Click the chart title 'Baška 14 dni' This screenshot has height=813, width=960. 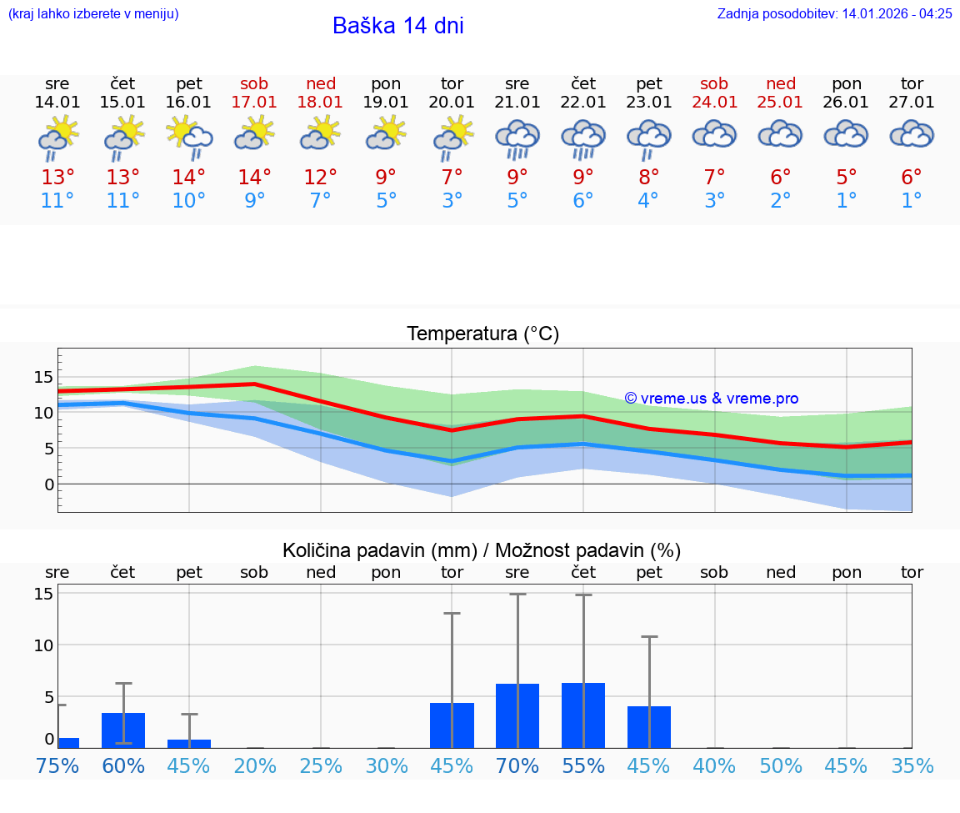point(397,26)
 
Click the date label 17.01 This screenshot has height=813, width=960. point(255,103)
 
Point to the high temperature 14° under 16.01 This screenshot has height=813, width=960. point(189,178)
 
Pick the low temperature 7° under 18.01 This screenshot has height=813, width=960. point(321,201)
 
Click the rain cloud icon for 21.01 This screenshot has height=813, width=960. point(517,138)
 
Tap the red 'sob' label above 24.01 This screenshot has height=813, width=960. point(714,83)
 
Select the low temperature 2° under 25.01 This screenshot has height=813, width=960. point(780,201)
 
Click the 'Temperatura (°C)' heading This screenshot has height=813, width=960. point(482,334)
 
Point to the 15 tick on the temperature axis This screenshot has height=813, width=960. point(43,377)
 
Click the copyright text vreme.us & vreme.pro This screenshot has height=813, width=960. point(711,399)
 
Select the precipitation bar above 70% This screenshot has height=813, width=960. point(517,715)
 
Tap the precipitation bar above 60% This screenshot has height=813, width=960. point(123,730)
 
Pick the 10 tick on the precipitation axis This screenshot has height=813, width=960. point(43,645)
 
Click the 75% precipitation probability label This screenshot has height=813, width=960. point(57,765)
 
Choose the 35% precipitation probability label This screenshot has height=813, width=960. point(912,765)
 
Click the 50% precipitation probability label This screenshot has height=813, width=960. point(780,765)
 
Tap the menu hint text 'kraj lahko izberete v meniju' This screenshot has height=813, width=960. point(93,13)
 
